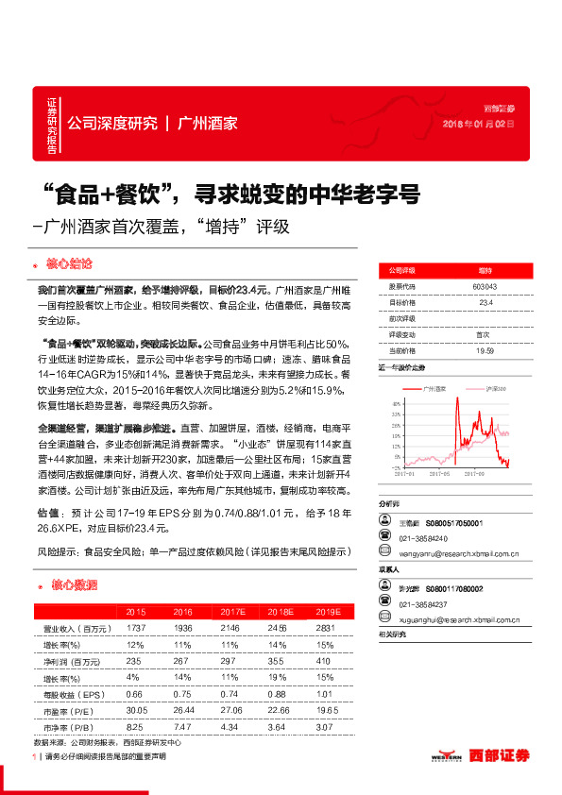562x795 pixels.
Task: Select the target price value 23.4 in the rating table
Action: (x=485, y=303)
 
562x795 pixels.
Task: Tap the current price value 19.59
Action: (x=485, y=349)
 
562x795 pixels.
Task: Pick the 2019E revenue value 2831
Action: (x=326, y=628)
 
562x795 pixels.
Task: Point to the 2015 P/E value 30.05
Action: (x=138, y=709)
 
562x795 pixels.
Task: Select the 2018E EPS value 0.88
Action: (x=276, y=693)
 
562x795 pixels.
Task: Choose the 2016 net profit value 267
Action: (x=182, y=660)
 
